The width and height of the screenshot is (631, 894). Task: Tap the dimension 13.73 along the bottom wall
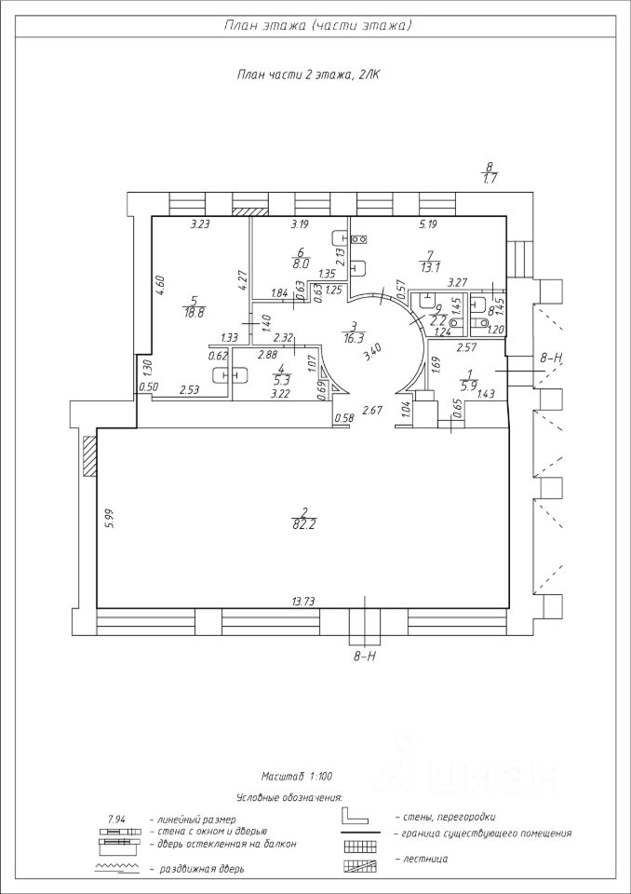(303, 601)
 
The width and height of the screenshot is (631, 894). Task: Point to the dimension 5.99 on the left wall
(110, 518)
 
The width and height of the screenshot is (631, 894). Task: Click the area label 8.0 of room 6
(301, 264)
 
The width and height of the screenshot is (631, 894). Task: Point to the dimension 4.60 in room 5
(160, 285)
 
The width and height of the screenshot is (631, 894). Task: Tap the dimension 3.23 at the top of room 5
(200, 224)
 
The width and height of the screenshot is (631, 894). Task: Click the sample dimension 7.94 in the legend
(117, 818)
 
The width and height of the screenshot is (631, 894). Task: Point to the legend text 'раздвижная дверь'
(202, 869)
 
